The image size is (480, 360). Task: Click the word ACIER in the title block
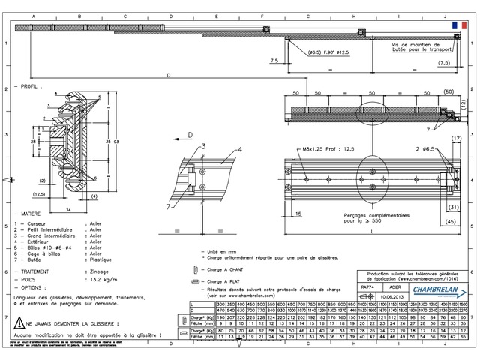(394, 286)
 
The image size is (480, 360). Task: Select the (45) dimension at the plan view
(454, 221)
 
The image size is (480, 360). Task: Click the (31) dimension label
(453, 207)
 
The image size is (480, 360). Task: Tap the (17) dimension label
(454, 139)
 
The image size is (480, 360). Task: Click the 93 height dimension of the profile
(116, 141)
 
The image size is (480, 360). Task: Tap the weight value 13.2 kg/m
(103, 278)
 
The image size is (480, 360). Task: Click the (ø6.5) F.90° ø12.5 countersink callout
(328, 52)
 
